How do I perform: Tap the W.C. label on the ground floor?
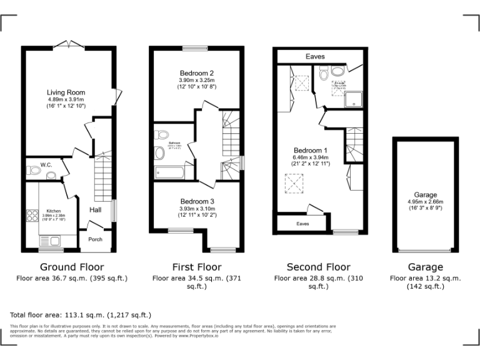[46, 165]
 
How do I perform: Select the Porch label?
[95, 239]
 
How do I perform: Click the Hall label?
[96, 210]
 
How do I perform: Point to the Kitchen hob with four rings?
[31, 216]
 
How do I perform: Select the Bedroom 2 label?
[197, 72]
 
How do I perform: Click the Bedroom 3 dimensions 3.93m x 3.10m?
[197, 209]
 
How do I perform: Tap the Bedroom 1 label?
[311, 151]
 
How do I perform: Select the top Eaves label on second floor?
[315, 56]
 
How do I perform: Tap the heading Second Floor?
[318, 267]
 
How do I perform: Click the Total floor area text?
[81, 315]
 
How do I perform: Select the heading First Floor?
[197, 267]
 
